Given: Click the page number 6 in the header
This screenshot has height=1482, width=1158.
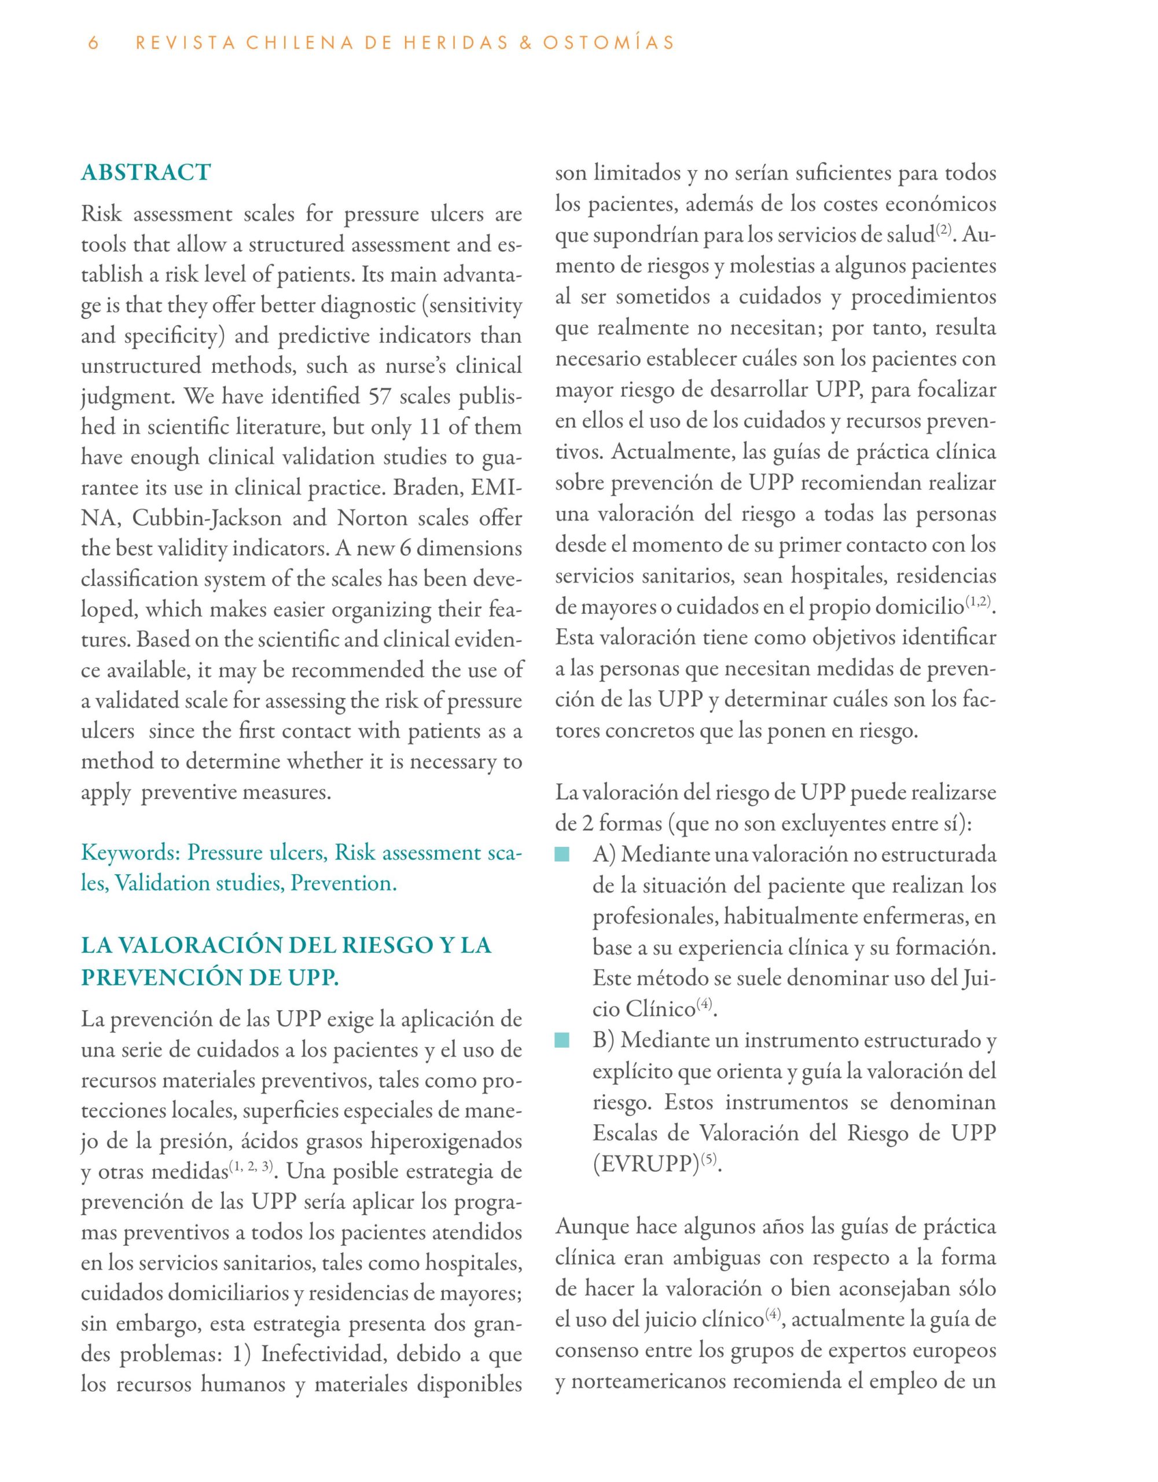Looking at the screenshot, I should click(x=94, y=43).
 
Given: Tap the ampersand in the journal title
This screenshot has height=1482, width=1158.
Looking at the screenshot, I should click(x=521, y=43).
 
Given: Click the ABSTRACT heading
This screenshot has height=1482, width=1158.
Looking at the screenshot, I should click(x=146, y=173).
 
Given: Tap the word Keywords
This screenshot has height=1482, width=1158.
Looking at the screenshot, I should click(x=130, y=852).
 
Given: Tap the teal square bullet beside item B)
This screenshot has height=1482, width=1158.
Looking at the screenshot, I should click(x=562, y=1040).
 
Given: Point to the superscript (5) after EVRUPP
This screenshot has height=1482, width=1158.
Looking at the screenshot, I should click(x=709, y=1160).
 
